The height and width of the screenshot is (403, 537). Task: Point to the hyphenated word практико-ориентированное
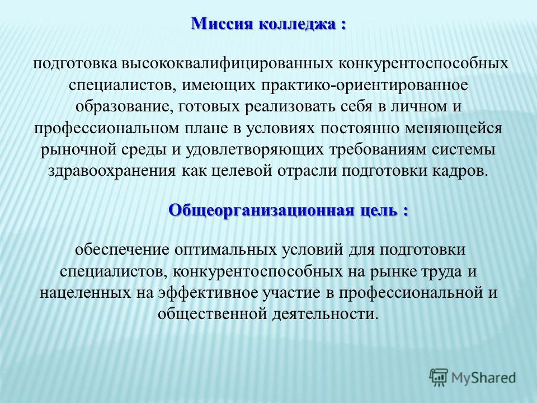click(368, 85)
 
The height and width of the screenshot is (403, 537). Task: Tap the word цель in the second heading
click(378, 210)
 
